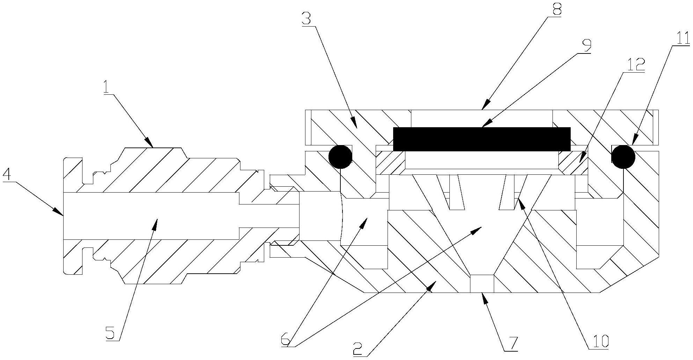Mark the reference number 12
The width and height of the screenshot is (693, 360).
[x=636, y=65]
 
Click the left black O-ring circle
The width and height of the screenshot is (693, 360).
[x=340, y=157]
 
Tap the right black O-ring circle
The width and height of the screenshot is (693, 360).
[x=623, y=157]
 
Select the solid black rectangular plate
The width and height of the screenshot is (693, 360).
[x=482, y=139]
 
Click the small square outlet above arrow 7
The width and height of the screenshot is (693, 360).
[x=482, y=283]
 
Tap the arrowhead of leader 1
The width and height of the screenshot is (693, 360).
[x=150, y=143]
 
